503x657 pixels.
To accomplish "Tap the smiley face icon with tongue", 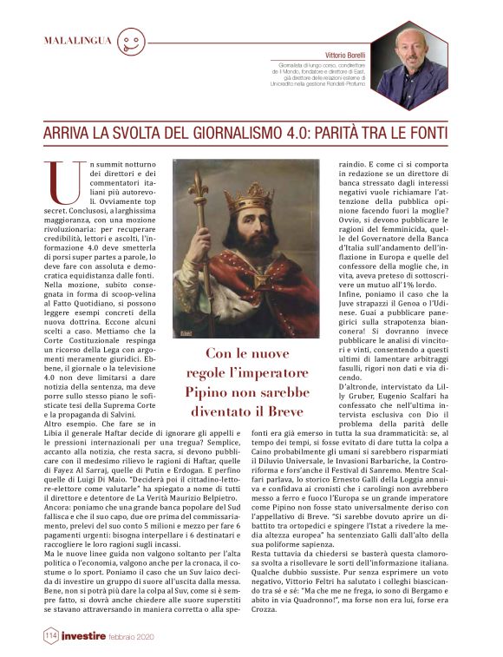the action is [129, 42].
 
